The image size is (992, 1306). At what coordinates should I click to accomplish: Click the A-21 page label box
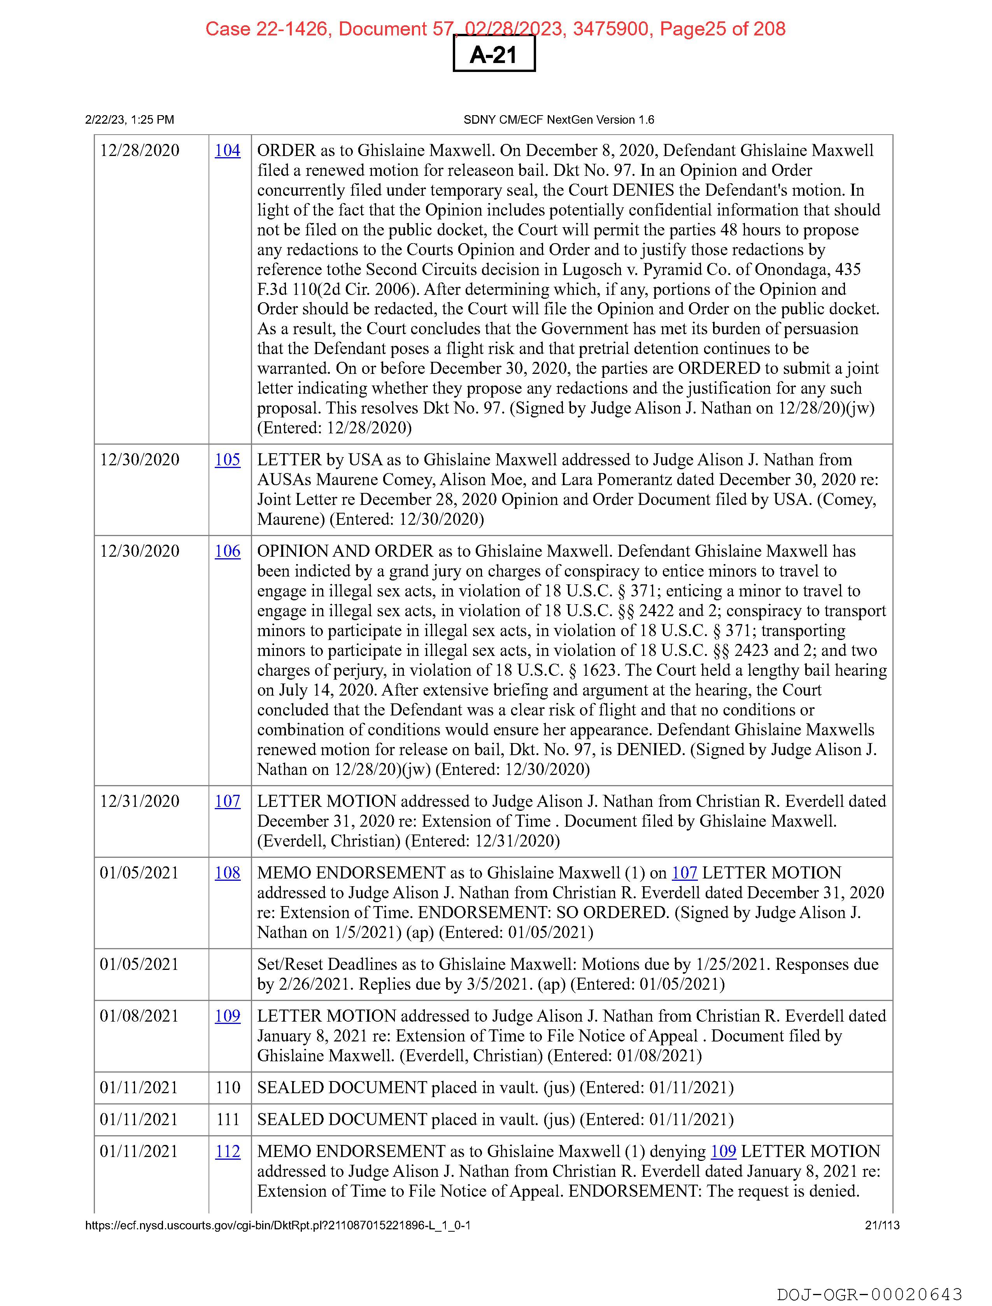click(494, 54)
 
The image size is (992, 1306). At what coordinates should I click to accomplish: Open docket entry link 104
click(227, 151)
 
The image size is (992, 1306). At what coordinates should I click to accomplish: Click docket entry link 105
click(227, 460)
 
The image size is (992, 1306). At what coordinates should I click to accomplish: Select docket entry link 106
click(227, 551)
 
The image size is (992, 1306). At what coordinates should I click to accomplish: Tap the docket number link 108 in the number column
click(227, 873)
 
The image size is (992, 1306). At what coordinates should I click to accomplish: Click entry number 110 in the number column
click(228, 1087)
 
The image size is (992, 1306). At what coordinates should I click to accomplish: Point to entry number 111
click(228, 1119)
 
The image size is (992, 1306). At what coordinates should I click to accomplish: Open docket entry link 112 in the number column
click(227, 1151)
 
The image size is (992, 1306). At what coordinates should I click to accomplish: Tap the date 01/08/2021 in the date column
click(139, 1016)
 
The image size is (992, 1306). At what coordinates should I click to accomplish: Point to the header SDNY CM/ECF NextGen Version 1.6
click(559, 120)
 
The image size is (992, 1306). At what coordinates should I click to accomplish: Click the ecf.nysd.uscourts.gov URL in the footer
click(277, 1225)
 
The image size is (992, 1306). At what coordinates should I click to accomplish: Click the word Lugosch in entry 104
click(592, 270)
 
